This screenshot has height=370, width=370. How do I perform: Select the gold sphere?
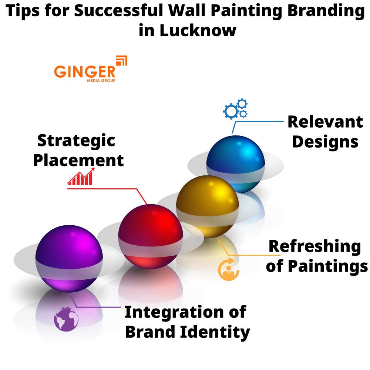coord(207,206)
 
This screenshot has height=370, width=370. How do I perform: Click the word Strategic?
coord(76,141)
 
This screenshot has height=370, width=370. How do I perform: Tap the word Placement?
coord(78,161)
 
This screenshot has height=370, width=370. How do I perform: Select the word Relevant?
coord(325,122)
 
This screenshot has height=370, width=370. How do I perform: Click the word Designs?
coord(325,142)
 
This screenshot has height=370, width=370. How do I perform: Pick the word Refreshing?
coord(314,246)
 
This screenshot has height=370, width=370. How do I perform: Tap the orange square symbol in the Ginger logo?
coord(121,61)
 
